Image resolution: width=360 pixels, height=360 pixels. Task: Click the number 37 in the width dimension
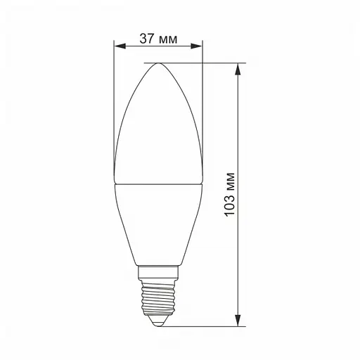pyautogui.click(x=146, y=39)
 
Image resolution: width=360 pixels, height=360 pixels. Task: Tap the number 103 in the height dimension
pyautogui.click(x=229, y=184)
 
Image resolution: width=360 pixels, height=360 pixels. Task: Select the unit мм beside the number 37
pyautogui.click(x=168, y=39)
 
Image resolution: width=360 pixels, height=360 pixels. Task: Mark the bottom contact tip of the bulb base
pyautogui.click(x=158, y=325)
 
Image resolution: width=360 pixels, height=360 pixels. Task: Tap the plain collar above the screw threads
pyautogui.click(x=158, y=273)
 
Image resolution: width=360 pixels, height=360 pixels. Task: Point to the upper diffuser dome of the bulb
pyautogui.click(x=158, y=127)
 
